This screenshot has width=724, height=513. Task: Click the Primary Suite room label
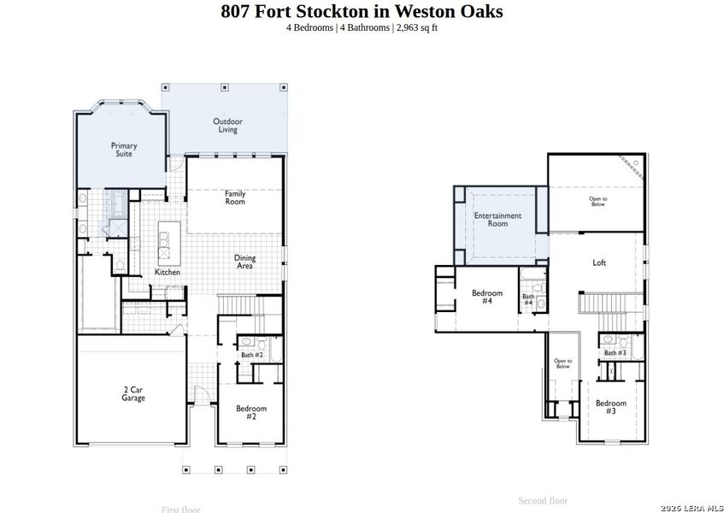[x=124, y=150]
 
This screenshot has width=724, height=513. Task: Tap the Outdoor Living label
[x=227, y=126]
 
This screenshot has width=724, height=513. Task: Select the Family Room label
[x=235, y=198]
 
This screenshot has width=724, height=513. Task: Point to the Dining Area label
[x=244, y=262]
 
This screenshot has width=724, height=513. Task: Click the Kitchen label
[x=168, y=273]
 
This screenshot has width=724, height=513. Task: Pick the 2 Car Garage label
[x=132, y=394]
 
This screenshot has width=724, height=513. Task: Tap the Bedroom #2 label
[x=252, y=412]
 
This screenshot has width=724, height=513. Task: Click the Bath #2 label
[x=252, y=354]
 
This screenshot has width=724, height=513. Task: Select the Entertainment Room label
[x=497, y=220]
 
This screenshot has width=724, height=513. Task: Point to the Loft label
[x=599, y=262]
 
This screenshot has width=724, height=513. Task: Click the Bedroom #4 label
[x=487, y=297]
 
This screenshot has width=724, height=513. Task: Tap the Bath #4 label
[x=528, y=300]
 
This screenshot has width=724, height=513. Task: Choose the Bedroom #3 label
[x=611, y=407]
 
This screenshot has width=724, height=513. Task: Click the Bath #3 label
[x=615, y=352]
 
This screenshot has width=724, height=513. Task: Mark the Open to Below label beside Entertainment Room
[x=598, y=202]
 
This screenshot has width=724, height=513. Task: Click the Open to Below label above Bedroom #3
[x=563, y=364]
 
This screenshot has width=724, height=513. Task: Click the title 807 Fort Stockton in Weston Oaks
[x=362, y=11]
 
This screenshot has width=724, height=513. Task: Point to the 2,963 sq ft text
[x=417, y=27]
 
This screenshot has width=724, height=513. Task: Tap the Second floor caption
[x=543, y=500]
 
